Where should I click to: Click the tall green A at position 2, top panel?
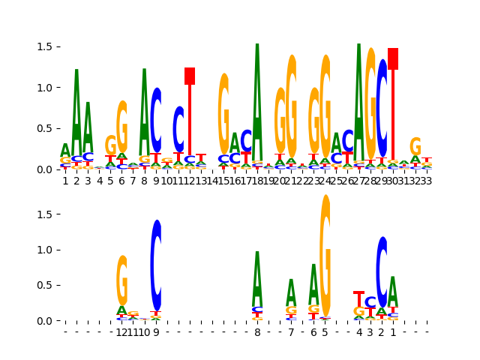coord(76,112)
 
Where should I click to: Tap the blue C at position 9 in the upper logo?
coord(156,120)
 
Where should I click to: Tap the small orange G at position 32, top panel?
coord(415,146)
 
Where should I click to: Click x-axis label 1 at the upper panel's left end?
coord(65,180)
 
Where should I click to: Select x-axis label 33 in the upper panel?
coord(427,180)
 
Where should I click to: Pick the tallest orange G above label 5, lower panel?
coord(325,255)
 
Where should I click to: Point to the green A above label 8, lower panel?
coord(257,277)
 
